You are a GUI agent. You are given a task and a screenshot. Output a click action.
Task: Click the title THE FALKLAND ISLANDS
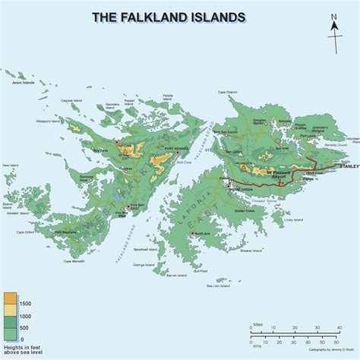[x=168, y=16]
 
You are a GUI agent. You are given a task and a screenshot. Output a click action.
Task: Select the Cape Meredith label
[x=77, y=261]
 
